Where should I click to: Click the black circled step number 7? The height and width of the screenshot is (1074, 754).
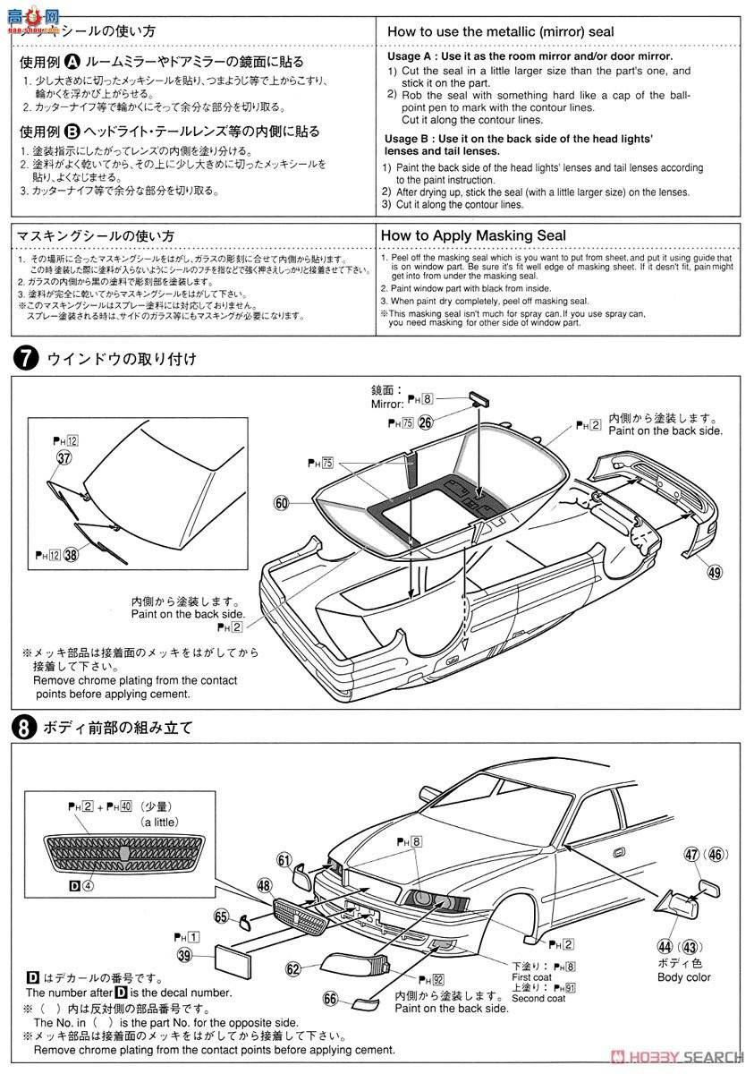tap(26, 358)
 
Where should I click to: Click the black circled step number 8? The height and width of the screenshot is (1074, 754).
tap(26, 727)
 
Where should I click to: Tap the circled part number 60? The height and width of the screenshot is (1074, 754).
tap(283, 504)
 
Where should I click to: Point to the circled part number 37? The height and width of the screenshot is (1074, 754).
tap(64, 457)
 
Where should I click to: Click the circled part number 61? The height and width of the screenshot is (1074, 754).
tap(284, 861)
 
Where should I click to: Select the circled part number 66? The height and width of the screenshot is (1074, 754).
tap(331, 998)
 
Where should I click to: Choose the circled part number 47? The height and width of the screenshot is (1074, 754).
tap(691, 855)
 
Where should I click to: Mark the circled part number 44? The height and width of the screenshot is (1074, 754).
tap(665, 946)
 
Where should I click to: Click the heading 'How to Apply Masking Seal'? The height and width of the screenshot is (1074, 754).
tap(473, 235)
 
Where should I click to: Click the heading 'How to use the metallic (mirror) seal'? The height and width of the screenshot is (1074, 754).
tap(500, 31)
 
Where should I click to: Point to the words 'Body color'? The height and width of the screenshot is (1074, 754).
tap(683, 977)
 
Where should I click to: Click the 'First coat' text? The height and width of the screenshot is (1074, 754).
tap(531, 977)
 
